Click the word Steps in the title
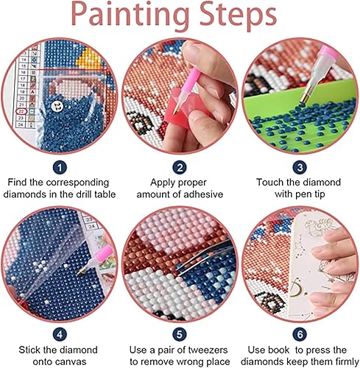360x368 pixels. [x=239, y=16]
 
